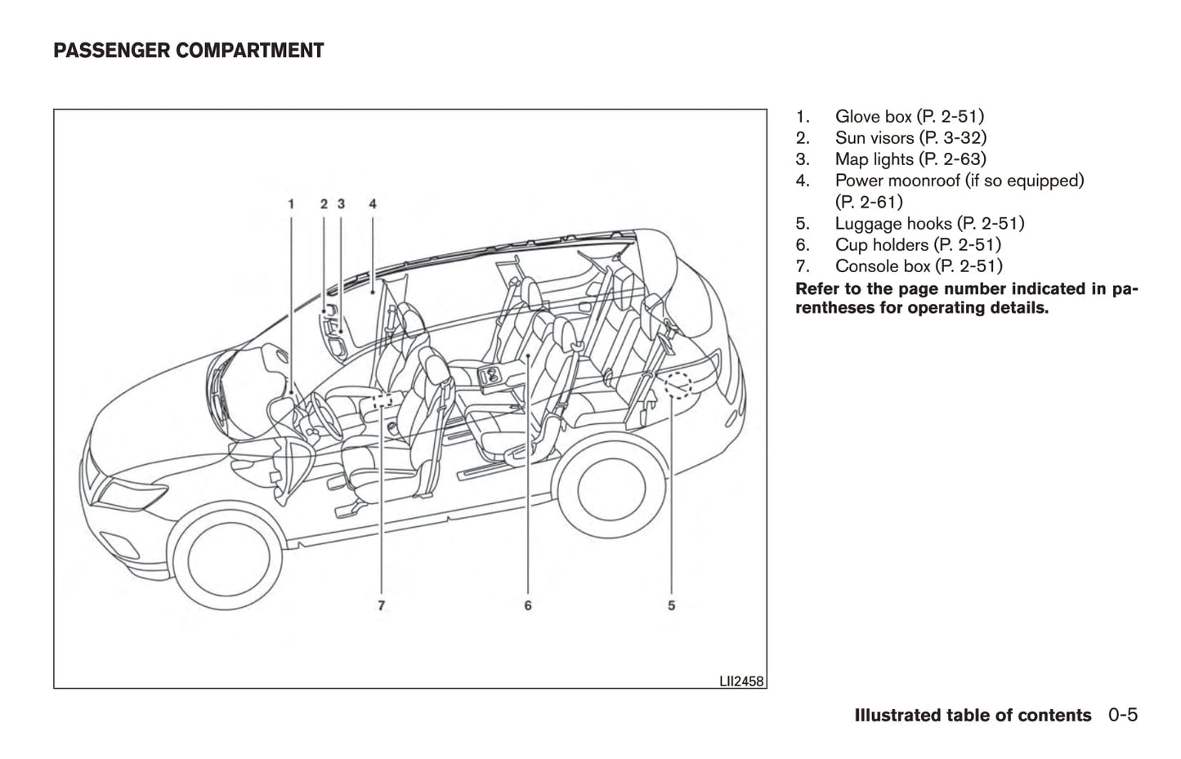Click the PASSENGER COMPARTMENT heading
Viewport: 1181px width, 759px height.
pos(189,51)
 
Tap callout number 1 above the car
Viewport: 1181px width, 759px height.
pos(291,203)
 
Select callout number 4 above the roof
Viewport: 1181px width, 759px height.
pos(373,203)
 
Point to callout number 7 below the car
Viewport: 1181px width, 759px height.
pos(382,605)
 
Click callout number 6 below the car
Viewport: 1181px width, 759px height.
pos(528,605)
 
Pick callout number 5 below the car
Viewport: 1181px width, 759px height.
pos(671,605)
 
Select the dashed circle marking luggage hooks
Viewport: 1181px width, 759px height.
pos(678,383)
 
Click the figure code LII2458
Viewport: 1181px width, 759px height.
pos(741,681)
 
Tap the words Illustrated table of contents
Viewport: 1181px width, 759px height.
pos(973,716)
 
